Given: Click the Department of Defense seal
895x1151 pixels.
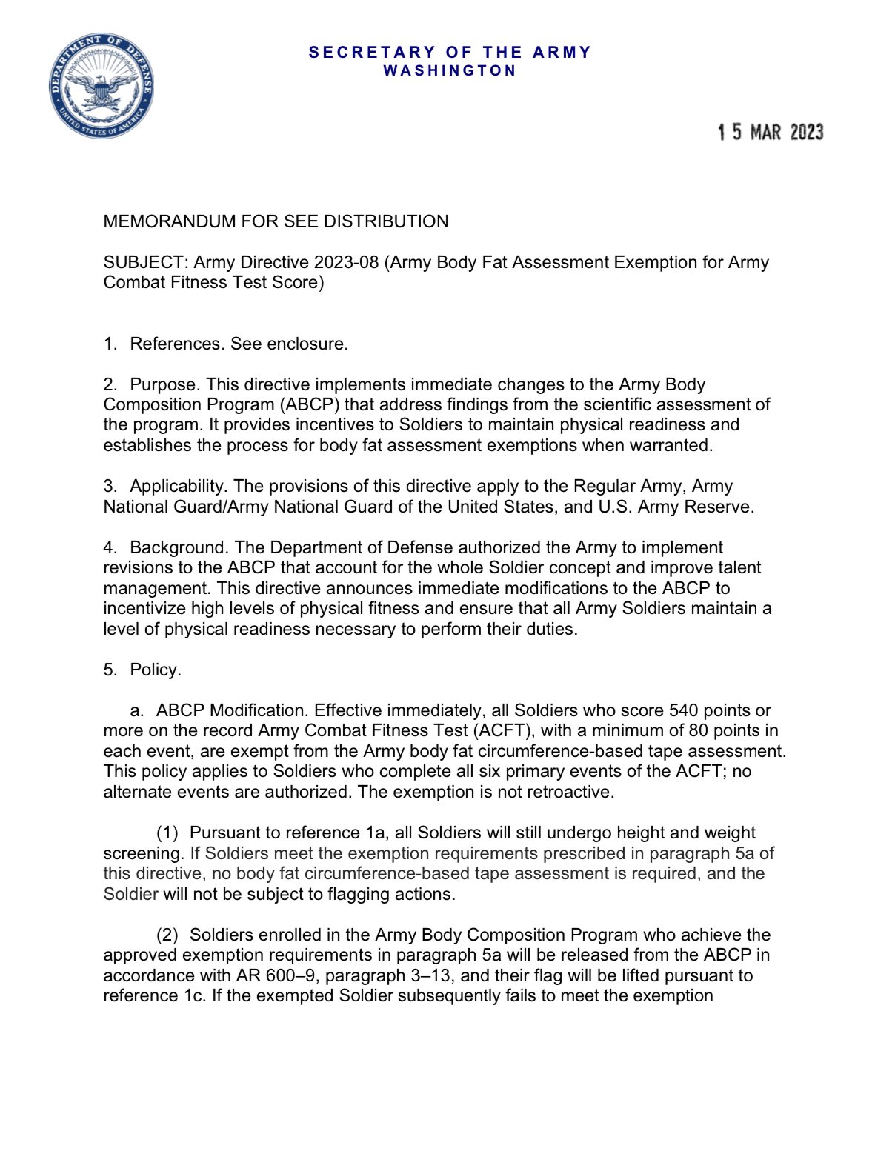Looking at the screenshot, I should coord(102,86).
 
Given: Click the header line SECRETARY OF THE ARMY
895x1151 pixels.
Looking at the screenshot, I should coord(450,53).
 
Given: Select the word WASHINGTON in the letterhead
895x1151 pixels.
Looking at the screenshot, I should coord(450,70).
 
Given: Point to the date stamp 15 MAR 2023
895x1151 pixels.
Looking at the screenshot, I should coord(770,133).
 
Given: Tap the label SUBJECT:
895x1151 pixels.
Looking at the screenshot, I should coord(146,263).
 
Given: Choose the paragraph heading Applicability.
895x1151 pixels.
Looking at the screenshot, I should coord(179,487).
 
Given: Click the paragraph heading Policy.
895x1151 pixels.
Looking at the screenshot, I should coord(155,670).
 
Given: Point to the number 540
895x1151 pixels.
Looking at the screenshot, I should coord(683,711).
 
